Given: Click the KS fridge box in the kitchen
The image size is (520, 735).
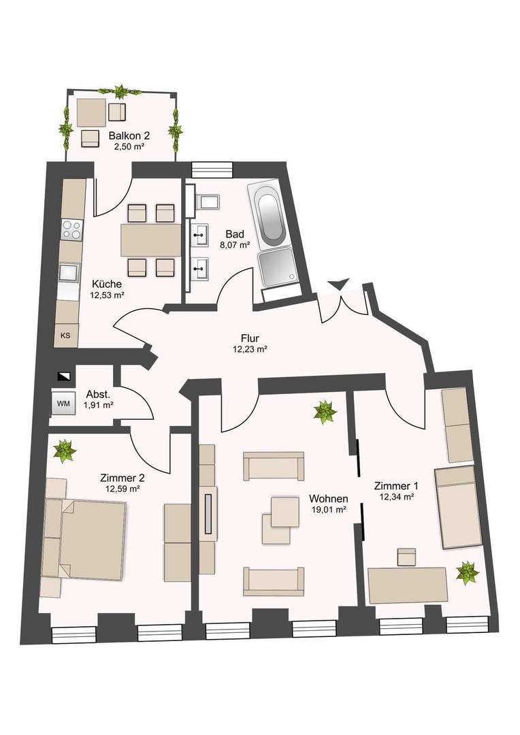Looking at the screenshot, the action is [65, 336].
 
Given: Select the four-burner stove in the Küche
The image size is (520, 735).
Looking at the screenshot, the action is [71, 230].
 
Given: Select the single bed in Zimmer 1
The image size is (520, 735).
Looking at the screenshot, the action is [457, 507].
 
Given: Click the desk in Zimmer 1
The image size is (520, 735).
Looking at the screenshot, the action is [408, 585].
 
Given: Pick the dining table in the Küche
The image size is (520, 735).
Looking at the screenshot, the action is [151, 240].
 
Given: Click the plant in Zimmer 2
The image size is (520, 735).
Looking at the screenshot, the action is [65, 451].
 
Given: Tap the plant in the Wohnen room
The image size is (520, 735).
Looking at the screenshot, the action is [325, 412].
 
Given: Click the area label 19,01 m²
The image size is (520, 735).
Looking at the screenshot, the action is [329, 509].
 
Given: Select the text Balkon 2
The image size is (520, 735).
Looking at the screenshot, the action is [129, 136].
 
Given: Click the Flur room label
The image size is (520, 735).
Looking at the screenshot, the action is [250, 338].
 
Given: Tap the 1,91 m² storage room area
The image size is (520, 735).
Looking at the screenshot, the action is [99, 405].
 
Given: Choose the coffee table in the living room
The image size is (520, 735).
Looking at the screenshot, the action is [281, 521].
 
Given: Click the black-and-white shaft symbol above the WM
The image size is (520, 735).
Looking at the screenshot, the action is [63, 376].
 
